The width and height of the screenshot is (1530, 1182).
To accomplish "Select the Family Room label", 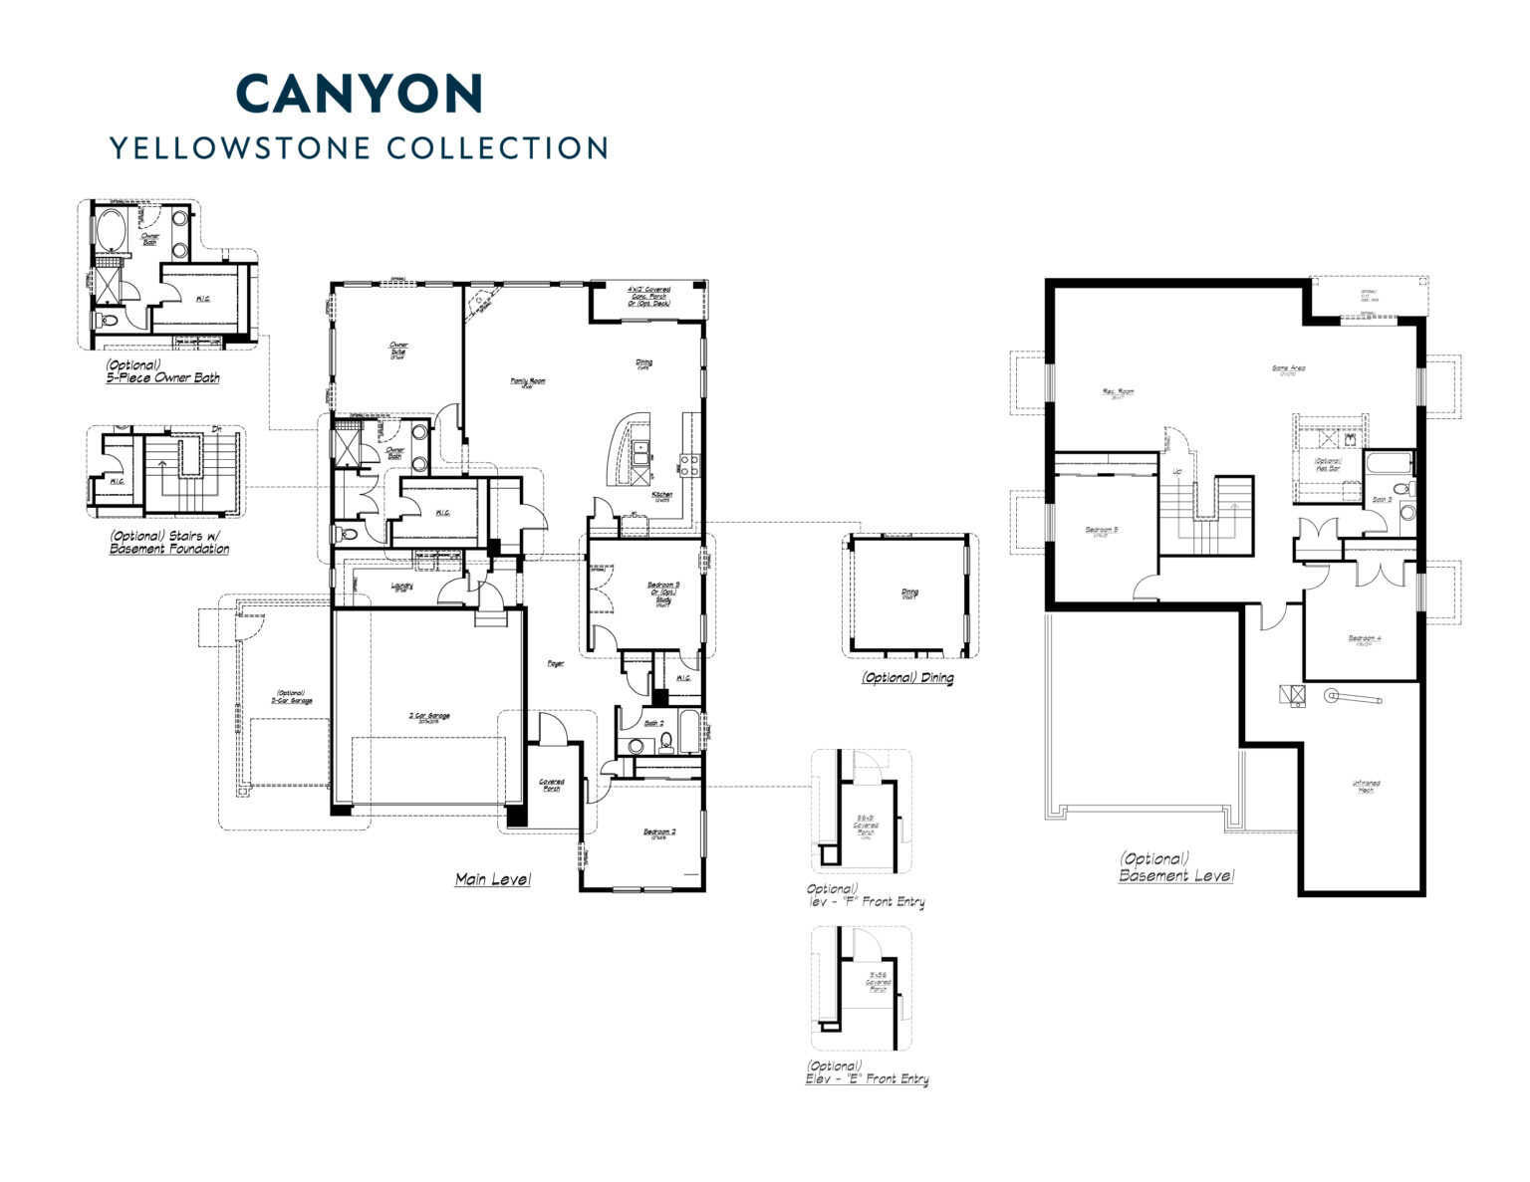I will click(x=528, y=380).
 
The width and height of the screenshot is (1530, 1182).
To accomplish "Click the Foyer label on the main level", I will click(x=555, y=663).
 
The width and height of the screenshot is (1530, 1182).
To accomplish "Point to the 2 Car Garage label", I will click(x=429, y=716).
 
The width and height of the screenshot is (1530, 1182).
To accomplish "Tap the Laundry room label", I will click(x=402, y=588).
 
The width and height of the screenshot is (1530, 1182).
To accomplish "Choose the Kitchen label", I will click(x=662, y=495).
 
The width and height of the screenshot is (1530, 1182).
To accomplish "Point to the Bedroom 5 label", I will click(x=1101, y=530).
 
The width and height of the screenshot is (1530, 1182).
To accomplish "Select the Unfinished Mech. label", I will click(x=1366, y=786).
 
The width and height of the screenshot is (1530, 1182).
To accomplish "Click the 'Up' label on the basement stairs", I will click(x=1176, y=471).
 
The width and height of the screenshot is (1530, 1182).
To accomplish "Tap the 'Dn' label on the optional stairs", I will click(x=216, y=429).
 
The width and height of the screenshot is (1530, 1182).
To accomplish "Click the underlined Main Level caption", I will click(x=492, y=879).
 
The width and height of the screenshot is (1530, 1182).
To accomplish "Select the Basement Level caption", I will click(x=1175, y=875).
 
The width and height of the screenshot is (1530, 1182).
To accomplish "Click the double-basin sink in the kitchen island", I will click(x=638, y=453).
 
